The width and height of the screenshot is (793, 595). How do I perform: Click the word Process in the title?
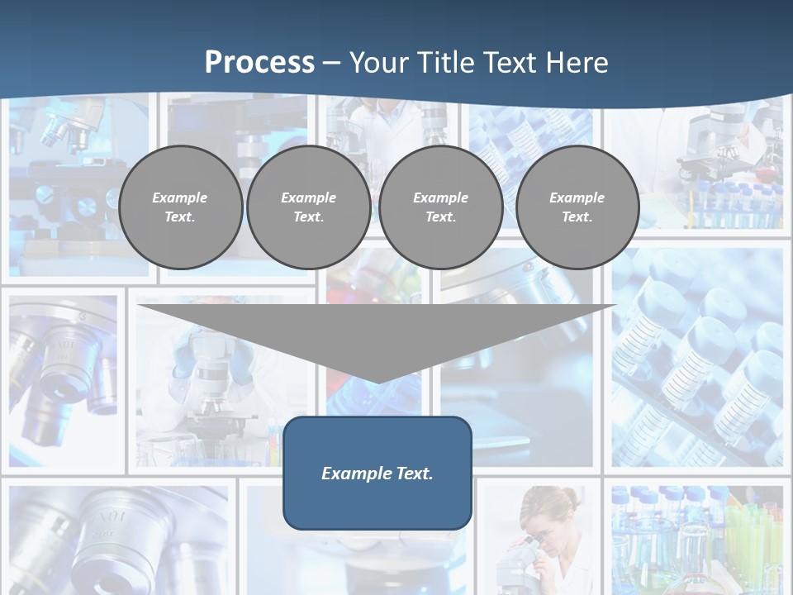click(259, 62)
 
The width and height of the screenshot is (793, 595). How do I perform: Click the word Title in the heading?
click(446, 62)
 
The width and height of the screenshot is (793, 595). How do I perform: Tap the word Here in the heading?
click(577, 62)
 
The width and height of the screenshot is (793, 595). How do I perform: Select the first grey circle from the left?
click(180, 207)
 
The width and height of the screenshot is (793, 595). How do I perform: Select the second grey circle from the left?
click(308, 207)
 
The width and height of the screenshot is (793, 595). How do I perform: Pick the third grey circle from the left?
click(440, 207)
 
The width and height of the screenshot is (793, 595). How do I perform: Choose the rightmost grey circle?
click(577, 207)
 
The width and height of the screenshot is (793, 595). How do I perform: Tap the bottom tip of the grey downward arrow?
click(378, 381)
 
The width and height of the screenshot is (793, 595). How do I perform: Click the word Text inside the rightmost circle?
click(577, 217)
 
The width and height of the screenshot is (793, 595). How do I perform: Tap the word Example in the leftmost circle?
click(180, 198)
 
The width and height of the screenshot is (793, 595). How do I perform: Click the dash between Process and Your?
click(331, 63)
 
